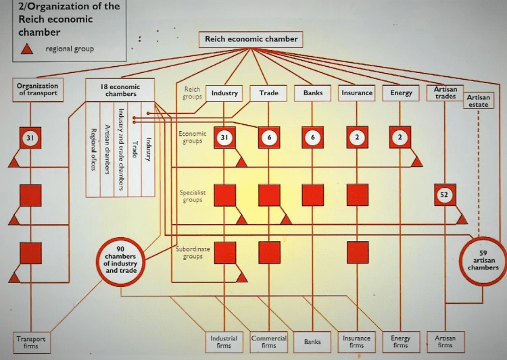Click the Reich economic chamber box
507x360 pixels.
pos(251,39)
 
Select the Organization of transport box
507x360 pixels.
pos(37,90)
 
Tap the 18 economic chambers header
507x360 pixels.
pos(120,90)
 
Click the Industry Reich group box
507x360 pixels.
pos(224,93)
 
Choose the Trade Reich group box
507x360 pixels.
pos(268,93)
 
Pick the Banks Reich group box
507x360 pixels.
pos(313,93)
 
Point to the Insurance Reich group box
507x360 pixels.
pos(357,93)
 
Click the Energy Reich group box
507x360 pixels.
pos(401,93)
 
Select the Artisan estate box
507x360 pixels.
pos(479,101)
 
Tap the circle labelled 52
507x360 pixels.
pos(445,195)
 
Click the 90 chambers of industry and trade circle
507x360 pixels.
pos(120,260)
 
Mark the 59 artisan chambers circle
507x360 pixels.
pos(483,259)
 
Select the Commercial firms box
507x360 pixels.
pos(268,342)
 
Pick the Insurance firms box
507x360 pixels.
pos(356,342)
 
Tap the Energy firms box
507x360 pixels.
pos(401,342)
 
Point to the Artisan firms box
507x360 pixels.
pos(445,342)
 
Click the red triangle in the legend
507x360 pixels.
pos(28,49)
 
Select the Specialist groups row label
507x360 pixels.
pos(192,196)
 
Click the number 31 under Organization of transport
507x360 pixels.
pos(30,138)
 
